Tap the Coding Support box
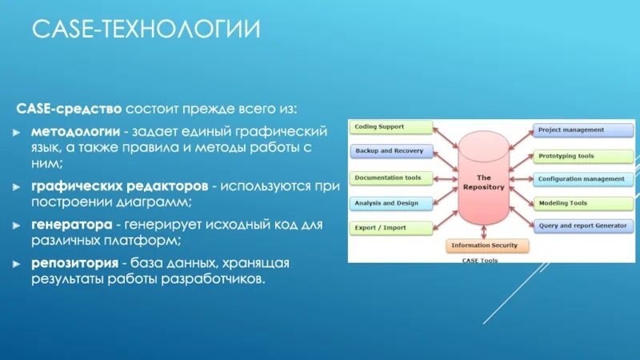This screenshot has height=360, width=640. pyautogui.click(x=391, y=127)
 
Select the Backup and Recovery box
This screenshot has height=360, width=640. pyautogui.click(x=391, y=151)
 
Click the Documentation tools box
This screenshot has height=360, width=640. pyautogui.click(x=391, y=178)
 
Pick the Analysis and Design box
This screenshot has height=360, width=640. pyautogui.click(x=391, y=203)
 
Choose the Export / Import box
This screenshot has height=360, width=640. pyautogui.click(x=391, y=227)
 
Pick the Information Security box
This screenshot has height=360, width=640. pyautogui.click(x=484, y=246)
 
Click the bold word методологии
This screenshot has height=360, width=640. pyautogui.click(x=76, y=130)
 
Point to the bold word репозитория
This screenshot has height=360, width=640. pyautogui.click(x=75, y=263)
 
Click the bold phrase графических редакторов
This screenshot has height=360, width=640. pyautogui.click(x=119, y=186)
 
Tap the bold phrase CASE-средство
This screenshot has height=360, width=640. pyautogui.click(x=69, y=108)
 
